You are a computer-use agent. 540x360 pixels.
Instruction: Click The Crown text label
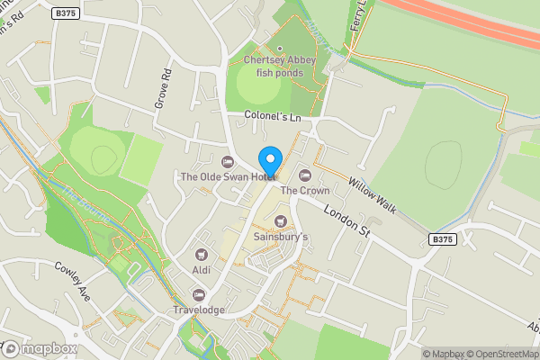coord(304,191)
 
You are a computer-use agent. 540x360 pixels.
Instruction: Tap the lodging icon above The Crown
coord(304,175)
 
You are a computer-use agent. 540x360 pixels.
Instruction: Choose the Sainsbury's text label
coord(280,237)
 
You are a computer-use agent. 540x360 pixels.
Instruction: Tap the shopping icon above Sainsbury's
coord(280,221)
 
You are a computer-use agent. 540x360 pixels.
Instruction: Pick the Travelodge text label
coord(198,310)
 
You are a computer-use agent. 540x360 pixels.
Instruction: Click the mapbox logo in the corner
coord(40,348)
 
